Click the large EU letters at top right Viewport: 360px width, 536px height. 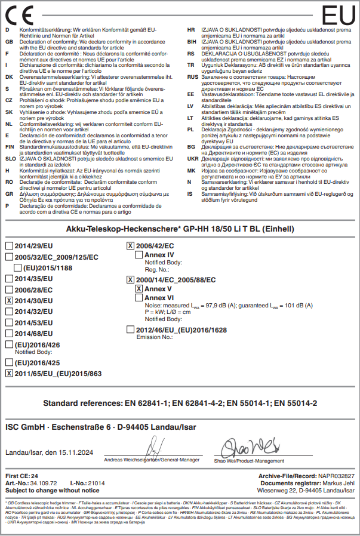click(338, 14)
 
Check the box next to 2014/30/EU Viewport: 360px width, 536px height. click(9, 301)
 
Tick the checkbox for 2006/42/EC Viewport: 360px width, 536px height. click(131, 246)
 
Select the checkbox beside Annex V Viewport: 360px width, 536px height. click(139, 288)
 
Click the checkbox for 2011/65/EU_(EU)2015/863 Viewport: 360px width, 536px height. click(9, 373)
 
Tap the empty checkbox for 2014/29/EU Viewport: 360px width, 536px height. click(9, 246)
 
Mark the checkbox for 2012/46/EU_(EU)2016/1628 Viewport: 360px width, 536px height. click(131, 329)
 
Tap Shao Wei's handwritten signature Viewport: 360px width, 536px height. click(248, 446)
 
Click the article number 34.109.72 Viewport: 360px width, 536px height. click(42, 482)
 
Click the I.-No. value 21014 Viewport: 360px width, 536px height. click(96, 482)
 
